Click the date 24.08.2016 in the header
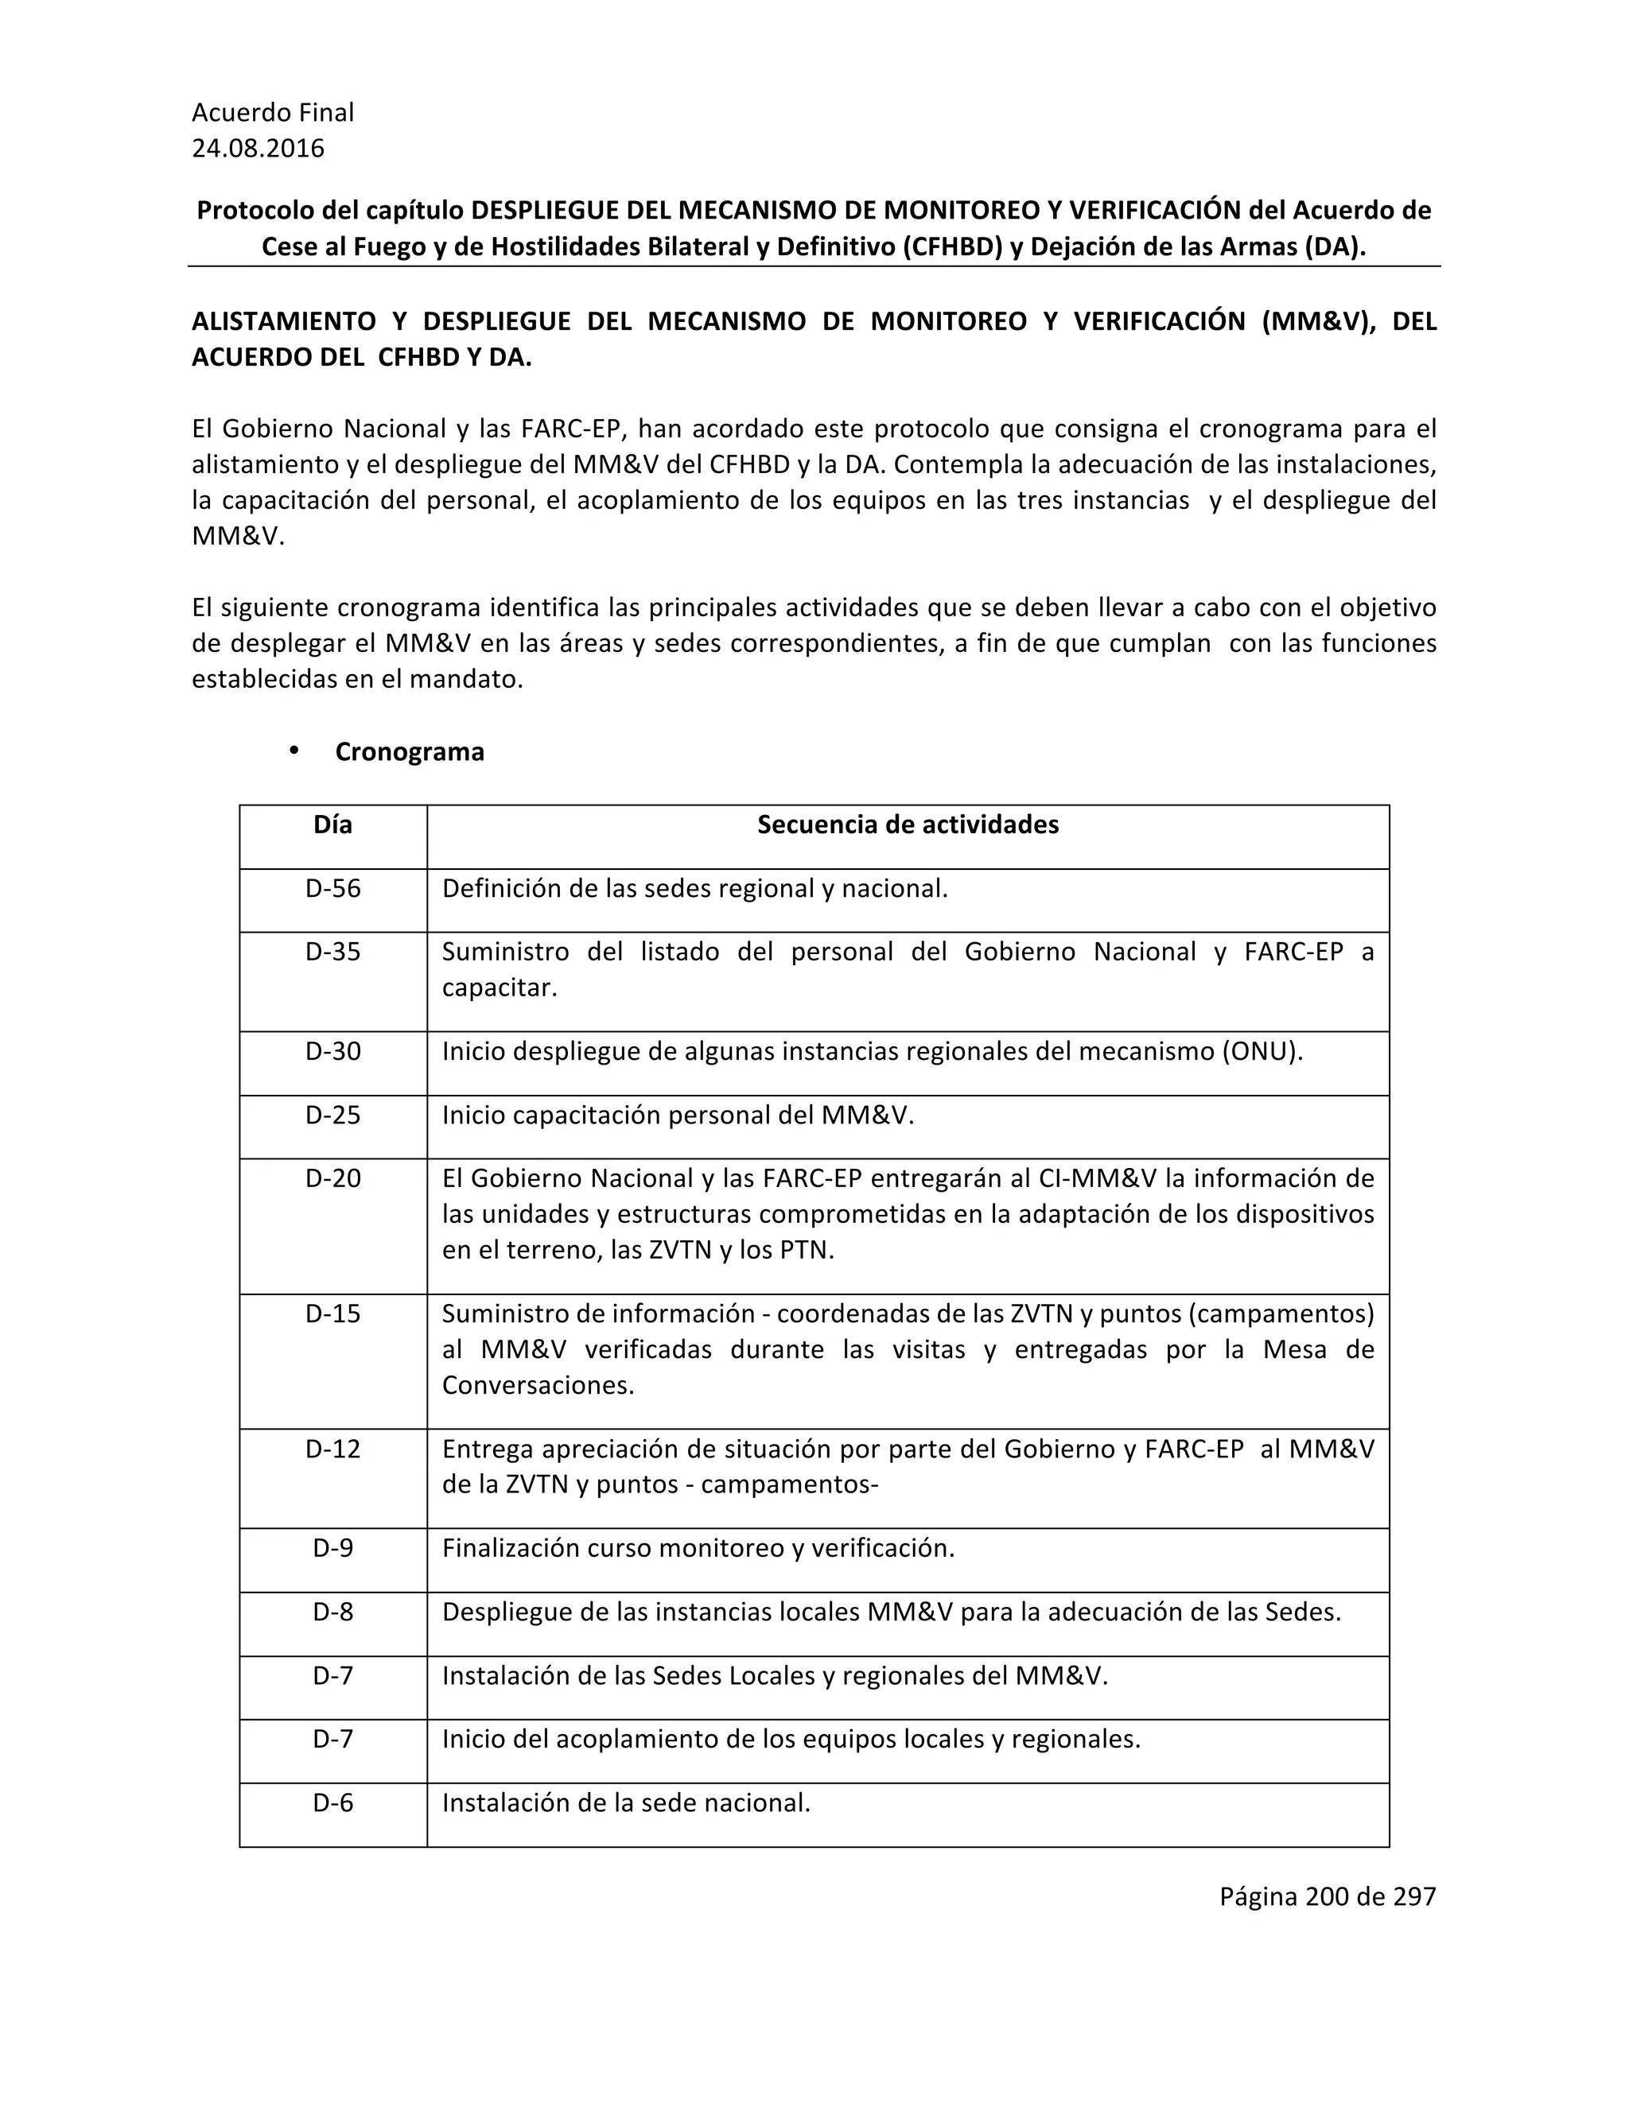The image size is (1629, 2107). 258,149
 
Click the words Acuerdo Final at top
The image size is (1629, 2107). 273,113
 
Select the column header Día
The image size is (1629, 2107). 333,825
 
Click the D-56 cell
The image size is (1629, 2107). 333,889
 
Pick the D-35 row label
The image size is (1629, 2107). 333,953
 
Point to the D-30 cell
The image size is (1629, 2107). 333,1052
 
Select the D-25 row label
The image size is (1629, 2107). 333,1116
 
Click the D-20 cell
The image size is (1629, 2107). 333,1179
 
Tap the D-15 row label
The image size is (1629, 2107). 333,1314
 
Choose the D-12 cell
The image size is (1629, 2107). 333,1449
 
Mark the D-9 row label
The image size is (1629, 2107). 333,1548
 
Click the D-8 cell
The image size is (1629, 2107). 333,1612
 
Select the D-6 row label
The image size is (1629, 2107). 333,1803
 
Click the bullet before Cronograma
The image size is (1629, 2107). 294,751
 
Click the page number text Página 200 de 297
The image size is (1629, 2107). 1327,1896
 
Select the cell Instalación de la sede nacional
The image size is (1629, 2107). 625,1803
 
